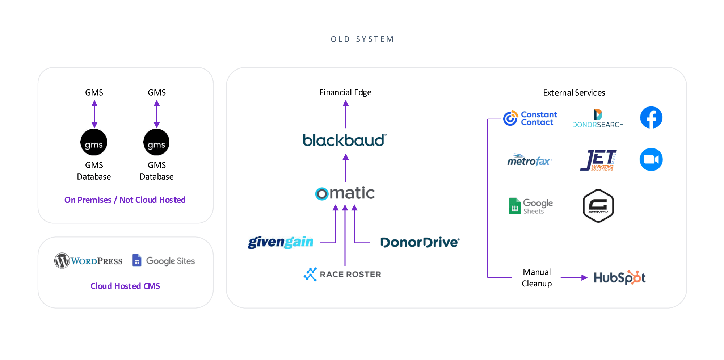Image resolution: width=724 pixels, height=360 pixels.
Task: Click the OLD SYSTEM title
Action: click(362, 39)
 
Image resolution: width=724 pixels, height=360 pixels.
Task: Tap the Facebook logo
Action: click(651, 117)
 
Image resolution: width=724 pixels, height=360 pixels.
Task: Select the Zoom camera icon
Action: click(651, 159)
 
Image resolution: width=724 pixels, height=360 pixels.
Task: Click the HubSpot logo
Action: click(620, 278)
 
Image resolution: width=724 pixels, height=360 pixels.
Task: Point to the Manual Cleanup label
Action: click(536, 278)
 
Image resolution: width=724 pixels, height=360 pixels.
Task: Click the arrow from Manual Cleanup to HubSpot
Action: click(574, 278)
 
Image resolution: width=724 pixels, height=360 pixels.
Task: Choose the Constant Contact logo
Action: click(530, 118)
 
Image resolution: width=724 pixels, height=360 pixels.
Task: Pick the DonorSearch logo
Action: click(598, 119)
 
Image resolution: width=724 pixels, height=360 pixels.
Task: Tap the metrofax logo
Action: click(529, 160)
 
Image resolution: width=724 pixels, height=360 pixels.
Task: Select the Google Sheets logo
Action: click(531, 206)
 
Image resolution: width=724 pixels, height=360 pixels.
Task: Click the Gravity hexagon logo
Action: click(598, 206)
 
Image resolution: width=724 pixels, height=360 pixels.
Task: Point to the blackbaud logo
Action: click(345, 140)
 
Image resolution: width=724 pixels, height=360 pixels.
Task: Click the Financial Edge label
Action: click(345, 92)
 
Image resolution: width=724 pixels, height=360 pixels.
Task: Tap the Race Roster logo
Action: click(342, 274)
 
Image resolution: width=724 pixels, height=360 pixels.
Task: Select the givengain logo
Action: click(281, 242)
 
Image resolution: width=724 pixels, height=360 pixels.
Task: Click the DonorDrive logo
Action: click(420, 242)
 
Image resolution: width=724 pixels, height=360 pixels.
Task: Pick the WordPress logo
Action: click(89, 261)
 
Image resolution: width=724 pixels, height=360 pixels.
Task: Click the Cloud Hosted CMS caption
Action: click(125, 286)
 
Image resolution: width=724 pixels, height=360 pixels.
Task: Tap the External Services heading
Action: click(574, 93)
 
